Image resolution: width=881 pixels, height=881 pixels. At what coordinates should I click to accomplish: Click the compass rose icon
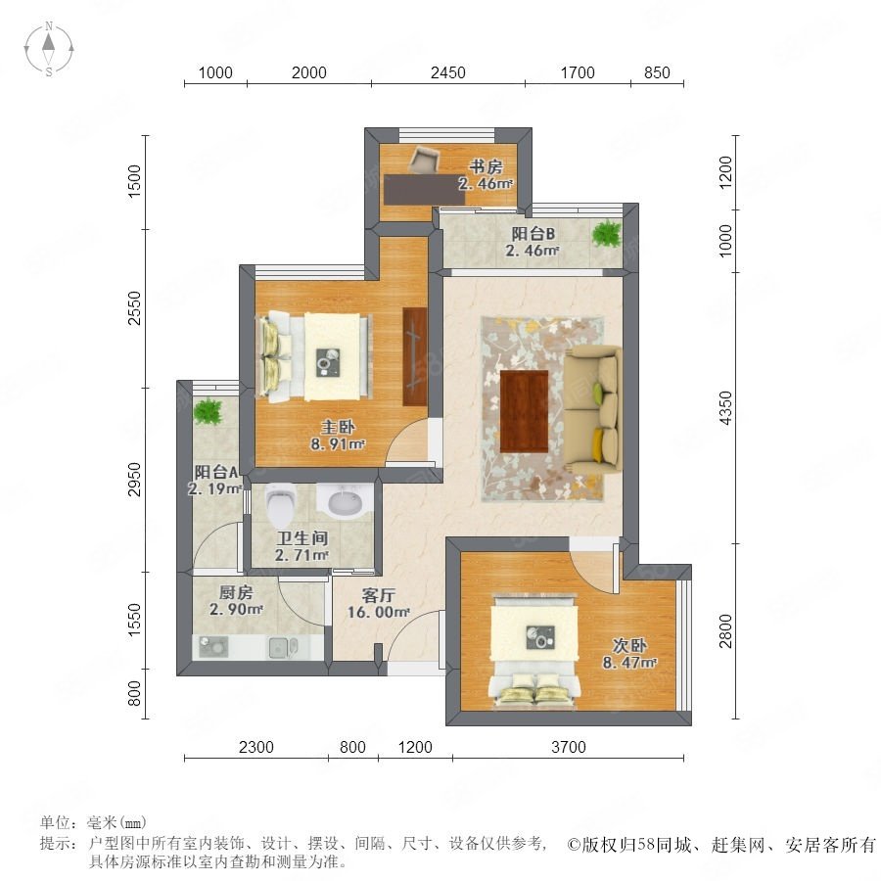click(x=49, y=49)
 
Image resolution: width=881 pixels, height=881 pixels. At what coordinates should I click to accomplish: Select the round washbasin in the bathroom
click(x=344, y=500)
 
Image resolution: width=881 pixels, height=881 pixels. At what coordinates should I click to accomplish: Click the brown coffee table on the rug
click(x=525, y=411)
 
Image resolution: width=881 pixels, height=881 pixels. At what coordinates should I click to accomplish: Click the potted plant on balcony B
click(x=607, y=233)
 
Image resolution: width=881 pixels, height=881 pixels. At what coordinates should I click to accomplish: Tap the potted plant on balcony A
click(x=209, y=411)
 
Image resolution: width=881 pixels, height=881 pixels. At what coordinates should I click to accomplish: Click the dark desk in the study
click(x=426, y=189)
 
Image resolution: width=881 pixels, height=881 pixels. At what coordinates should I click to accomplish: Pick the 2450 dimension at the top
click(x=447, y=73)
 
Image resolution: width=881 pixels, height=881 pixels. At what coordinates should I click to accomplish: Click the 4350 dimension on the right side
click(x=726, y=408)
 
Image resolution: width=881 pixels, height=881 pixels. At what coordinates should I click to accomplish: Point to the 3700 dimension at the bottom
click(x=568, y=747)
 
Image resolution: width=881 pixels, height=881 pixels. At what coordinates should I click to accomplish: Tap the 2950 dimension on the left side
click(x=134, y=480)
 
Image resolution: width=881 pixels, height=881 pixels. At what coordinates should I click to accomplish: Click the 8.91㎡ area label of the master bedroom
click(x=339, y=443)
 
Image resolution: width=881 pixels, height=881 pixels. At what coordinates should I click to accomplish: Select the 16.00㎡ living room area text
click(x=378, y=612)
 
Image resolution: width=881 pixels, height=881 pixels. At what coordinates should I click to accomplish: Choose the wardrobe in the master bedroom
click(x=415, y=356)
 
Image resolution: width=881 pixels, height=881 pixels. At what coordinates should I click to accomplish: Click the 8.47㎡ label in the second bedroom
click(x=629, y=663)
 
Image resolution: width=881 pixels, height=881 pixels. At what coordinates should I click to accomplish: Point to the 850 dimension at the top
click(x=657, y=73)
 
